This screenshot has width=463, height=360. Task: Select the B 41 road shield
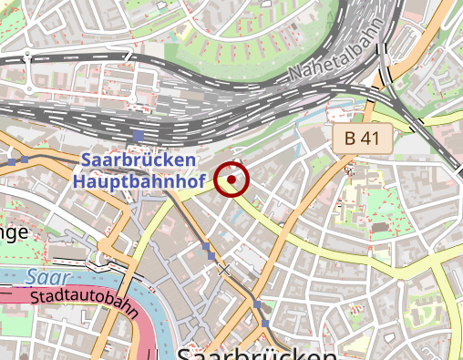click(361, 139)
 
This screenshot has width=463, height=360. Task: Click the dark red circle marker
click(233, 180)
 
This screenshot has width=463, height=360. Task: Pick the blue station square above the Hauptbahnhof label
click(138, 137)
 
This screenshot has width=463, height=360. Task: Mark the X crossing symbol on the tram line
click(224, 270)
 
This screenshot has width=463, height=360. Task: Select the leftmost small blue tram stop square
click(12, 160)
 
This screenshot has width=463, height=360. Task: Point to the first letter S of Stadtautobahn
click(34, 297)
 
